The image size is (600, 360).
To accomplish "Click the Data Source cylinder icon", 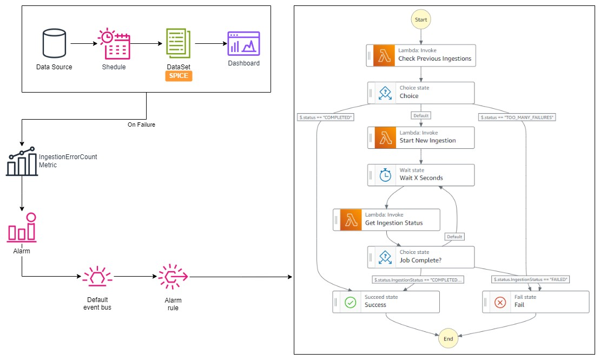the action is click(x=54, y=43).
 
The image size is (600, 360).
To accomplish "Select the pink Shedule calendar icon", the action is click(x=114, y=44).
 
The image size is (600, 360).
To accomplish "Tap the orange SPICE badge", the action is click(x=179, y=76).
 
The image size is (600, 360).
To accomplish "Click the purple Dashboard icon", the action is click(x=244, y=44).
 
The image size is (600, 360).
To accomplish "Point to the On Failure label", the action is click(x=142, y=125).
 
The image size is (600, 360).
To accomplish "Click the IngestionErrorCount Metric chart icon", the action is click(x=22, y=161).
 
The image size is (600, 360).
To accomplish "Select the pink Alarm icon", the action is click(x=22, y=228).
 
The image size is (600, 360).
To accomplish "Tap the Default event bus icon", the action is click(x=97, y=276).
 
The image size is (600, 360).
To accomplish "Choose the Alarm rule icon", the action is click(x=173, y=277).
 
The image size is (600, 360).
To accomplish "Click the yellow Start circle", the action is click(x=421, y=19).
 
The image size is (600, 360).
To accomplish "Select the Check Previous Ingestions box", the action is click(x=421, y=56).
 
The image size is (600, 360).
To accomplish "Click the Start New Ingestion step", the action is click(x=421, y=138).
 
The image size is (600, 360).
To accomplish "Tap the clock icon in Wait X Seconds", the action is click(x=385, y=175).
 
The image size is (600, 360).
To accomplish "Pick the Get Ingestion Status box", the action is click(x=386, y=219).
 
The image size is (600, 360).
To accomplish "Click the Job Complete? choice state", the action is click(x=421, y=257).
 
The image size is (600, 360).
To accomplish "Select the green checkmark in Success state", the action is click(x=351, y=303).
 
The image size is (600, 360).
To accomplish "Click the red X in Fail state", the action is click(x=500, y=303).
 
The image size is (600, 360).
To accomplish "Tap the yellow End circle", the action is click(x=449, y=338).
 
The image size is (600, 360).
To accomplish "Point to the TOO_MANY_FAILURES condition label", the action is click(x=517, y=117).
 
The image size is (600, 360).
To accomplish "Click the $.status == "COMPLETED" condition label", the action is click(x=326, y=117).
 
